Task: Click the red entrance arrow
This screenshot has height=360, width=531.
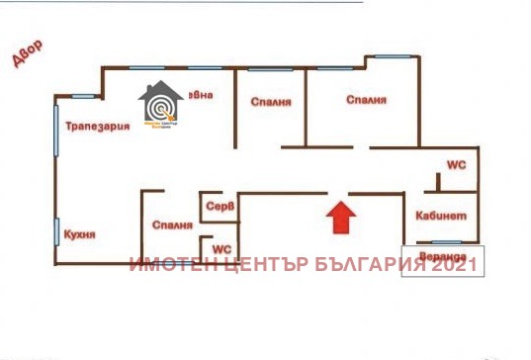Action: (338, 217)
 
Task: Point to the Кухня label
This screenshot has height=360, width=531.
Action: (78, 234)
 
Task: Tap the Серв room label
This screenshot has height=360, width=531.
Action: (219, 207)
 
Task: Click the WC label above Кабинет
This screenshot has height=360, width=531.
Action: (456, 164)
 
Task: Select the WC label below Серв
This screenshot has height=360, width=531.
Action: (222, 248)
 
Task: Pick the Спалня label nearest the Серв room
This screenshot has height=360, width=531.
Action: (172, 225)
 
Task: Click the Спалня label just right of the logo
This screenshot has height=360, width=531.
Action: (270, 100)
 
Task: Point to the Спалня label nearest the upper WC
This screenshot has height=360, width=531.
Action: (365, 100)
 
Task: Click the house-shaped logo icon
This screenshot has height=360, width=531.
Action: (159, 106)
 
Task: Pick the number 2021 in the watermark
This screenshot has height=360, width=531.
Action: (457, 264)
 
